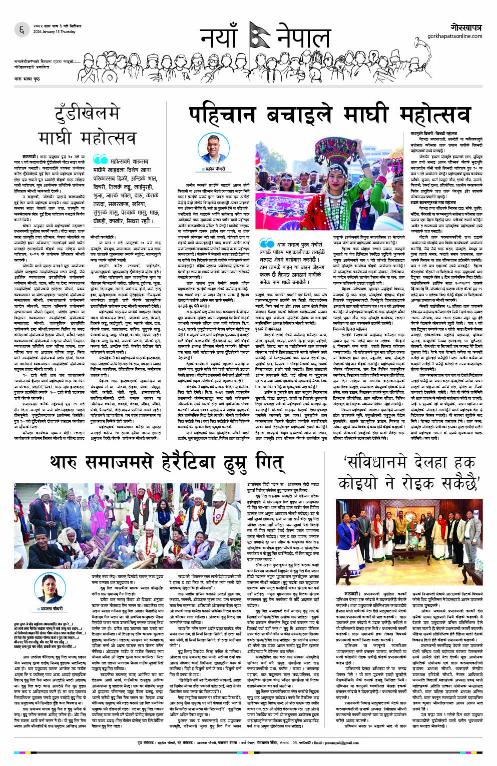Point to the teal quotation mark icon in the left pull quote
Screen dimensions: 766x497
[x=100, y=159]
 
